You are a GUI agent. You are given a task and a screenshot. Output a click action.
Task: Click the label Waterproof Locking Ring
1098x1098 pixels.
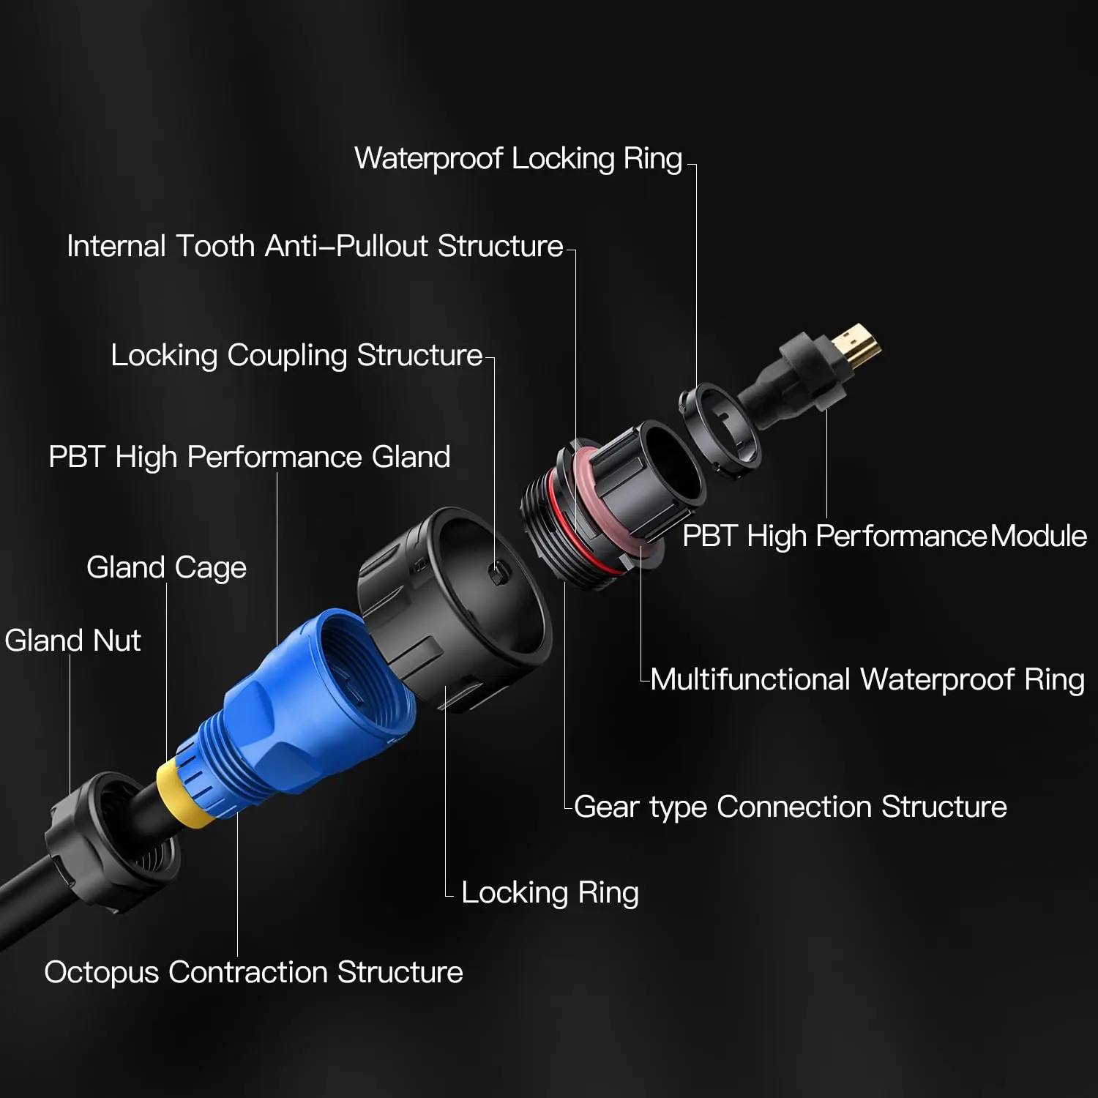click(x=518, y=159)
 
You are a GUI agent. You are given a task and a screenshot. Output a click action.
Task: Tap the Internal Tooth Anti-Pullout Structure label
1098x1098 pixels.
click(x=315, y=246)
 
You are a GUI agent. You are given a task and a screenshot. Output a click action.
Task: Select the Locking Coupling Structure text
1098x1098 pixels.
click(x=296, y=356)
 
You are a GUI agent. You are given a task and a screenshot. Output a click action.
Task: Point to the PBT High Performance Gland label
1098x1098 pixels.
click(x=250, y=457)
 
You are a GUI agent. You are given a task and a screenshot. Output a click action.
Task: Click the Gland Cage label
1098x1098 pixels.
click(x=166, y=568)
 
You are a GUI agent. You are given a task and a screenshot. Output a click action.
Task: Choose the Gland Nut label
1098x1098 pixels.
click(x=72, y=640)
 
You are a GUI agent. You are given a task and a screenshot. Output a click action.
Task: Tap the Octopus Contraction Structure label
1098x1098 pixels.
click(x=253, y=973)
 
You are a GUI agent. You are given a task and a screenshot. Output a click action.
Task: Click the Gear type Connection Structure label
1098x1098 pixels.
click(x=791, y=807)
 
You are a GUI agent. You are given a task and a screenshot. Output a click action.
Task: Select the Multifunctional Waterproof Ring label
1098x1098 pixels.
click(x=867, y=680)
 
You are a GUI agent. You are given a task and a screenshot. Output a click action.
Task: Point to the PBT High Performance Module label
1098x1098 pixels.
click(x=884, y=536)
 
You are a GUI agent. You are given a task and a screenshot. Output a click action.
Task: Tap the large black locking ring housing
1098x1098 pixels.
click(x=454, y=608)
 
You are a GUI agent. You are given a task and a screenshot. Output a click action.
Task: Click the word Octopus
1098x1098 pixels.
click(x=101, y=973)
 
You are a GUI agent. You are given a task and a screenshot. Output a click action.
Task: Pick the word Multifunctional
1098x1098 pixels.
click(x=750, y=680)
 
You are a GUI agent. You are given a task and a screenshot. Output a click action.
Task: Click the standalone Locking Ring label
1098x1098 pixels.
click(x=550, y=893)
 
